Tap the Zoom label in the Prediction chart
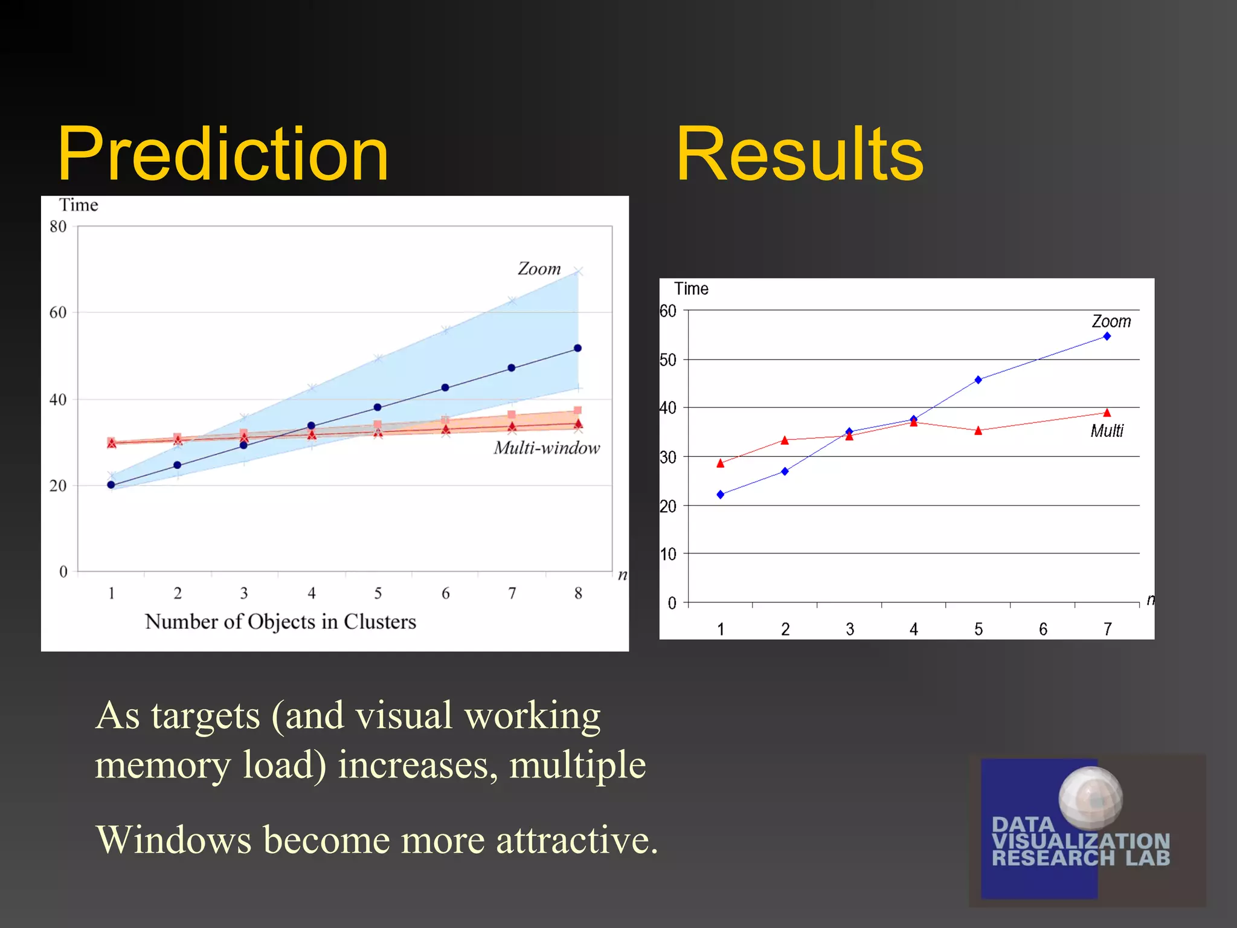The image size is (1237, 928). point(539,269)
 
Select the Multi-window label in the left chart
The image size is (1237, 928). point(547,448)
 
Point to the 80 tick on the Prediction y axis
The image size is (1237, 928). point(58,227)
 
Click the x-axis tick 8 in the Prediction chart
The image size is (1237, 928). point(578,593)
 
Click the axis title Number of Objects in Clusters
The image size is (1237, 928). point(280,622)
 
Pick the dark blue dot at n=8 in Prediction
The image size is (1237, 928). point(577,348)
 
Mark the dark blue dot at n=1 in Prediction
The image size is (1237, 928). point(111,485)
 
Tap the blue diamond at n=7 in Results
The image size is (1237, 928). point(1107,337)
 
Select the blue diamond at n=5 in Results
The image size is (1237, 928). point(978,380)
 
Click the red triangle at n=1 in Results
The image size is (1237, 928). point(720,463)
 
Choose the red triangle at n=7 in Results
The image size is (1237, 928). point(1107,413)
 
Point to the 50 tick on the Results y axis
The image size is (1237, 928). point(668,360)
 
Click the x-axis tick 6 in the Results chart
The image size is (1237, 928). point(1043,630)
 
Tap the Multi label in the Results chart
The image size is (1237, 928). point(1107,431)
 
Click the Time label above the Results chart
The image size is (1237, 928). point(691,289)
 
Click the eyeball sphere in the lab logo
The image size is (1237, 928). point(1090,798)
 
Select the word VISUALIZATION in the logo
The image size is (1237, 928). point(1080,841)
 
